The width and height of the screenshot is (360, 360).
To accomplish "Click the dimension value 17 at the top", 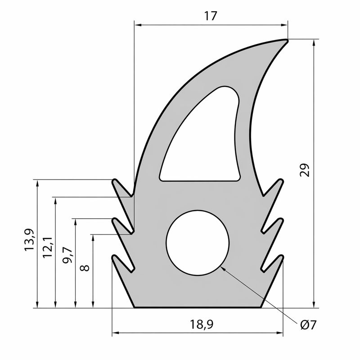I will point(210,16).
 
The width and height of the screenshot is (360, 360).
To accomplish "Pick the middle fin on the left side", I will point(121,225).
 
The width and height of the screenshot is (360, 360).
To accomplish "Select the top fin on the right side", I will point(274,188).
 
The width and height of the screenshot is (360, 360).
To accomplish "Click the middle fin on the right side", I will point(274,225).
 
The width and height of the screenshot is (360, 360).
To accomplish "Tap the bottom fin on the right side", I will point(274,263).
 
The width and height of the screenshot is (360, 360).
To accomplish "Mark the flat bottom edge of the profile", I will point(198,308).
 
